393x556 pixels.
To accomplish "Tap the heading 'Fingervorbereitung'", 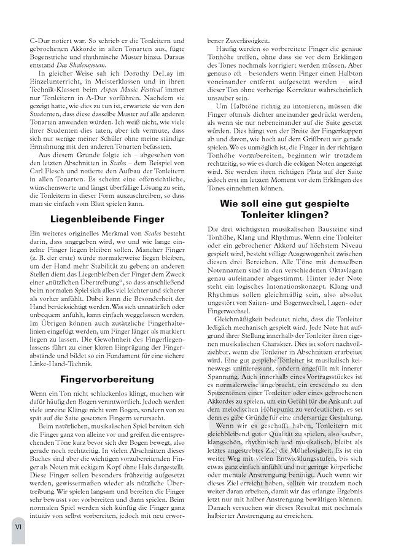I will (107, 379).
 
